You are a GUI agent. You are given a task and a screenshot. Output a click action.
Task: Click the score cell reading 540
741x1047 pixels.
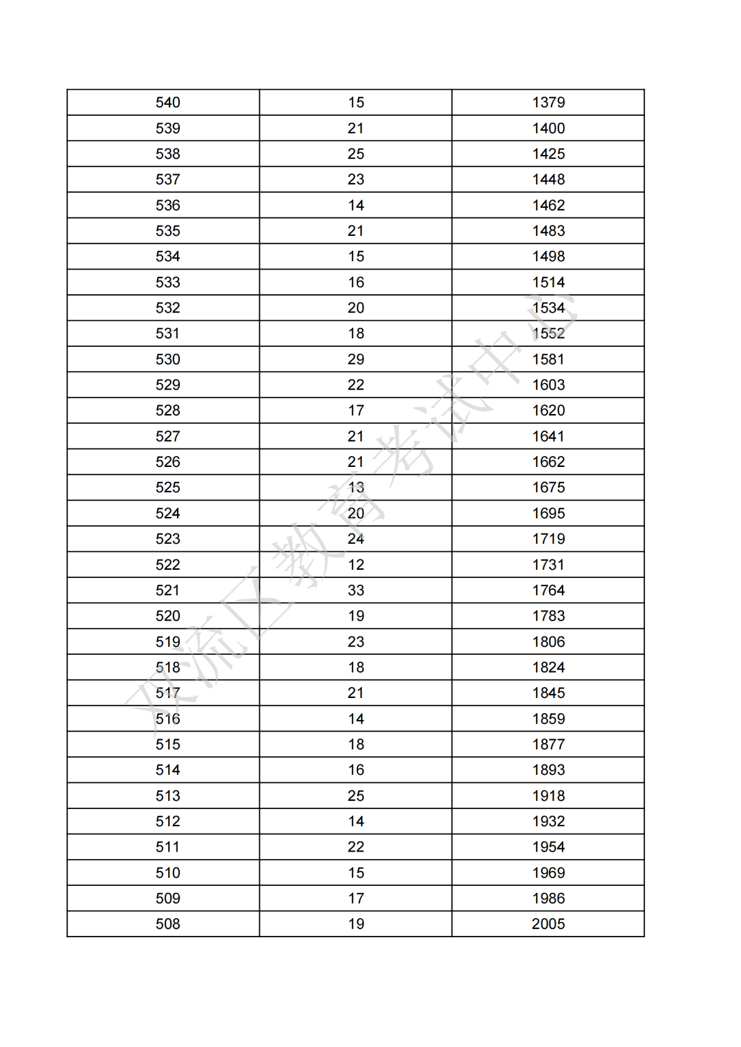167,103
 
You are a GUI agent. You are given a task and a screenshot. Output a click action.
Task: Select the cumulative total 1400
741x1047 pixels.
548,128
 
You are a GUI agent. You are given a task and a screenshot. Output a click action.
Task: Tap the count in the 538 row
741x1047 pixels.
355,154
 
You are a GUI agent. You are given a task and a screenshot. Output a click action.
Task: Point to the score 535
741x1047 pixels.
167,231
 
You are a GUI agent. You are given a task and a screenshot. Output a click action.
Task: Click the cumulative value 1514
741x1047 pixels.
548,282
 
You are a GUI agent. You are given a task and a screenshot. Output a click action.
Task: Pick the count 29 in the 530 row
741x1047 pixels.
355,359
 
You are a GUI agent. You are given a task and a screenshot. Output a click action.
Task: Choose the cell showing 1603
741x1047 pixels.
548,385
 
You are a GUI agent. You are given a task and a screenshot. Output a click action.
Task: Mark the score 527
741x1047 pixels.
167,436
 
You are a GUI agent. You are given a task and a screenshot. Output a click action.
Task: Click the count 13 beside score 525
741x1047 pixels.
355,488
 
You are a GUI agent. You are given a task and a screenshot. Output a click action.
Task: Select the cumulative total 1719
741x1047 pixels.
548,539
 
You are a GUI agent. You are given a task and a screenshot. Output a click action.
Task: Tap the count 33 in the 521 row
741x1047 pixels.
355,590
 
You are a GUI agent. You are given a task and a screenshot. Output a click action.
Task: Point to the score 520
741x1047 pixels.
167,616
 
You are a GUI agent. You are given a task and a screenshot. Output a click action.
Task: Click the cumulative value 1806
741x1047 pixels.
548,642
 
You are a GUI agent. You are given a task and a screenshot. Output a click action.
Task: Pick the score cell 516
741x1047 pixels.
167,719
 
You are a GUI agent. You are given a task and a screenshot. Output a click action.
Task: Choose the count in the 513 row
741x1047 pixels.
355,795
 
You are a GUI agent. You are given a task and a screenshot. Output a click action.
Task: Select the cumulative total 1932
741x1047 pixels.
548,821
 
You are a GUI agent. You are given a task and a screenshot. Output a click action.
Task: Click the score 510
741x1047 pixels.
167,873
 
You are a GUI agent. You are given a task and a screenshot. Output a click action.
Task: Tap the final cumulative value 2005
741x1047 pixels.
548,924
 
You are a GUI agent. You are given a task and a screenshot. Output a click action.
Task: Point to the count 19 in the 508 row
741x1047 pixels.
355,924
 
